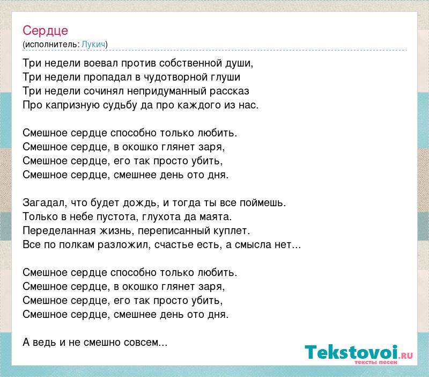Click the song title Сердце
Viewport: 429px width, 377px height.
point(45,31)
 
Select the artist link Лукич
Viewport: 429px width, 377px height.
point(93,45)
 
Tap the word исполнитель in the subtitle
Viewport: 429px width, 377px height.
point(51,45)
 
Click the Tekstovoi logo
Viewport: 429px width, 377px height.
point(358,352)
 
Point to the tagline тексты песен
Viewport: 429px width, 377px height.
point(376,362)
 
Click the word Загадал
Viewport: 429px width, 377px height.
point(45,203)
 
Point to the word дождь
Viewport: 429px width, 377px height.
point(141,203)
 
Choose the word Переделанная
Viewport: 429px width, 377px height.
point(60,231)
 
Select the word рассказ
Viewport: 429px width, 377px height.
point(230,91)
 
